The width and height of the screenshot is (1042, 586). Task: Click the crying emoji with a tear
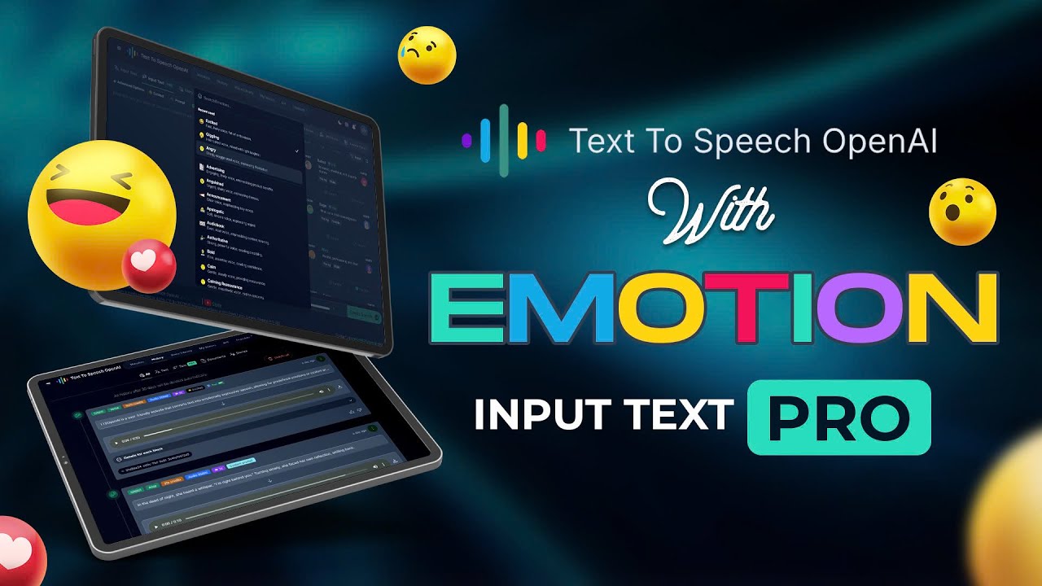[427, 55]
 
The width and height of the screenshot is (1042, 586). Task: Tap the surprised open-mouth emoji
[962, 212]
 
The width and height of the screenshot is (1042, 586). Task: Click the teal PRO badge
[838, 416]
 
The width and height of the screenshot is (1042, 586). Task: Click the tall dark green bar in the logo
[504, 141]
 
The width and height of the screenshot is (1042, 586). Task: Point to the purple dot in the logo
[466, 141]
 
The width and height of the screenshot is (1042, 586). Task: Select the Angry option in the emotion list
[213, 150]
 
